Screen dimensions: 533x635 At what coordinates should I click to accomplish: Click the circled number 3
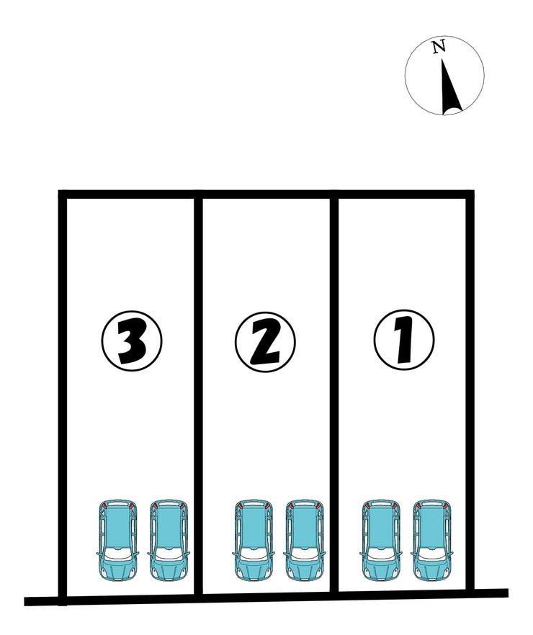[x=132, y=341]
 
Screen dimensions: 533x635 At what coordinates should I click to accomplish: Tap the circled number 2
[x=265, y=342]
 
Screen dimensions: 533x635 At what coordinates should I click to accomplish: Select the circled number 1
[x=404, y=341]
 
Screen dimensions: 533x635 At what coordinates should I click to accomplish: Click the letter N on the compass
[x=439, y=47]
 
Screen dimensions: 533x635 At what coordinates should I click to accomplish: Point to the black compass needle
[x=451, y=87]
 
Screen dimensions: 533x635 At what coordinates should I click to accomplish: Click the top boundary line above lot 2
[x=266, y=194]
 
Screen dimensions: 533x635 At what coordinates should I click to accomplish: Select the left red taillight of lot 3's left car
[x=104, y=505]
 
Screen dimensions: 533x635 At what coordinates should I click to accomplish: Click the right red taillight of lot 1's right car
[x=447, y=505]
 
